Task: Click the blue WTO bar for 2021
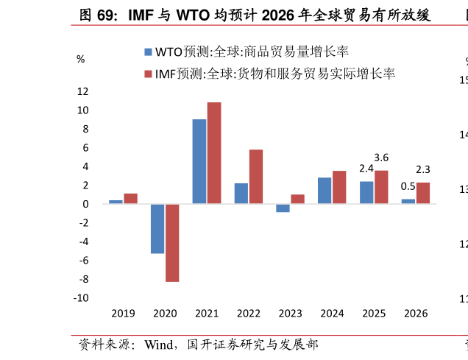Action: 199,161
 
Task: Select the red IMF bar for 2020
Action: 172,242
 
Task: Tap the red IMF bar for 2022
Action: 256,177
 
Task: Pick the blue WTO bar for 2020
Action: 157,228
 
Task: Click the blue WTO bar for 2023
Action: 283,208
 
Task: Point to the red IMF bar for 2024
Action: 339,187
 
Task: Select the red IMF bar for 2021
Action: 214,152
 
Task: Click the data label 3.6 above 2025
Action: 381,158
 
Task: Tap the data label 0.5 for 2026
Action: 408,186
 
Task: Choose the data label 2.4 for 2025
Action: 366,169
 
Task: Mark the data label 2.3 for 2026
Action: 423,170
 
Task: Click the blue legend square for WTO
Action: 148,52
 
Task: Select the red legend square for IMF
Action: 148,74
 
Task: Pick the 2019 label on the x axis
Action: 123,313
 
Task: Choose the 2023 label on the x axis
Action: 290,313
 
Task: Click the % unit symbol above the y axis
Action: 81,59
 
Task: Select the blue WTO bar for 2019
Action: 116,202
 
